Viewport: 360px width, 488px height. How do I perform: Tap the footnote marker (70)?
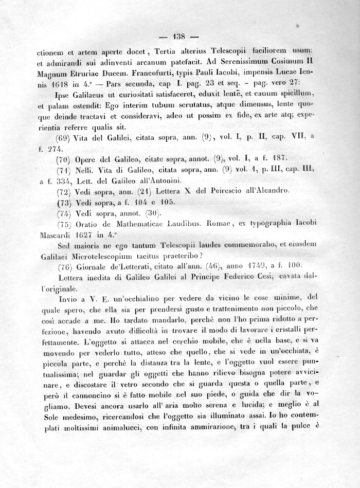(x=64, y=158)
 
